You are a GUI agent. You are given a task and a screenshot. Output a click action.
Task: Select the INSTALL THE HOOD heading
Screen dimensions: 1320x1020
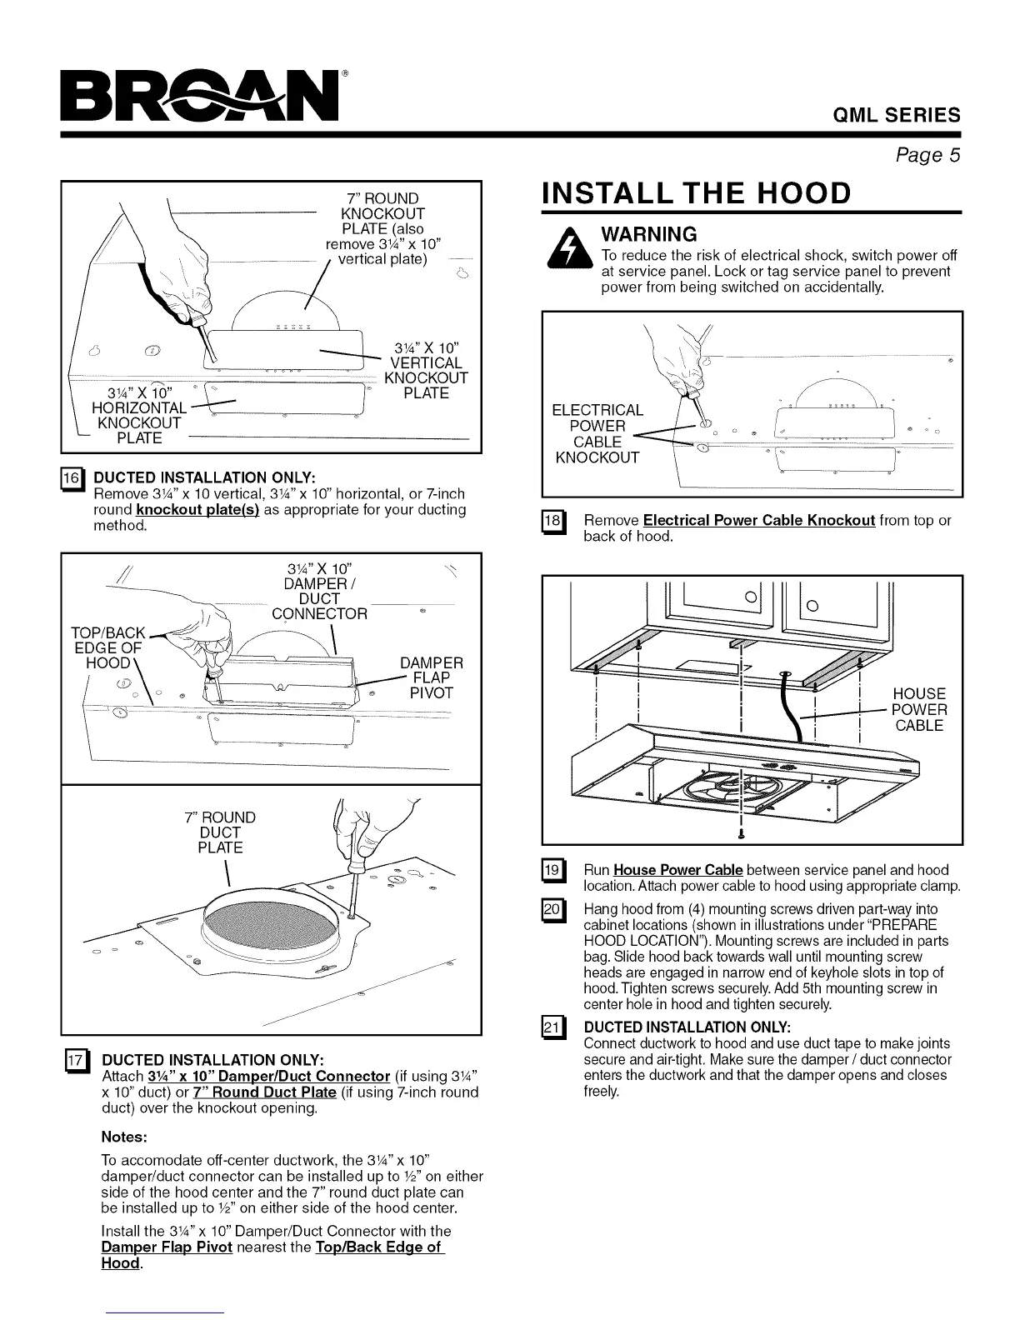pyautogui.click(x=697, y=192)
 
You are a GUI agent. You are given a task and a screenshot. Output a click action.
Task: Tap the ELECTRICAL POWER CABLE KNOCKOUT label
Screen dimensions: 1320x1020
pyautogui.click(x=597, y=433)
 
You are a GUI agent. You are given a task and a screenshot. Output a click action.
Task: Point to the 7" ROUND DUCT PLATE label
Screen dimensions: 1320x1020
pyautogui.click(x=220, y=832)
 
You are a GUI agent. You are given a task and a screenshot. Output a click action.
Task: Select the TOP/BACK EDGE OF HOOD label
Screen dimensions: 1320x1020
pyautogui.click(x=109, y=647)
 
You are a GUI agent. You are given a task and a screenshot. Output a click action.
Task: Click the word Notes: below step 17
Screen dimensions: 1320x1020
pyautogui.click(x=124, y=1137)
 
